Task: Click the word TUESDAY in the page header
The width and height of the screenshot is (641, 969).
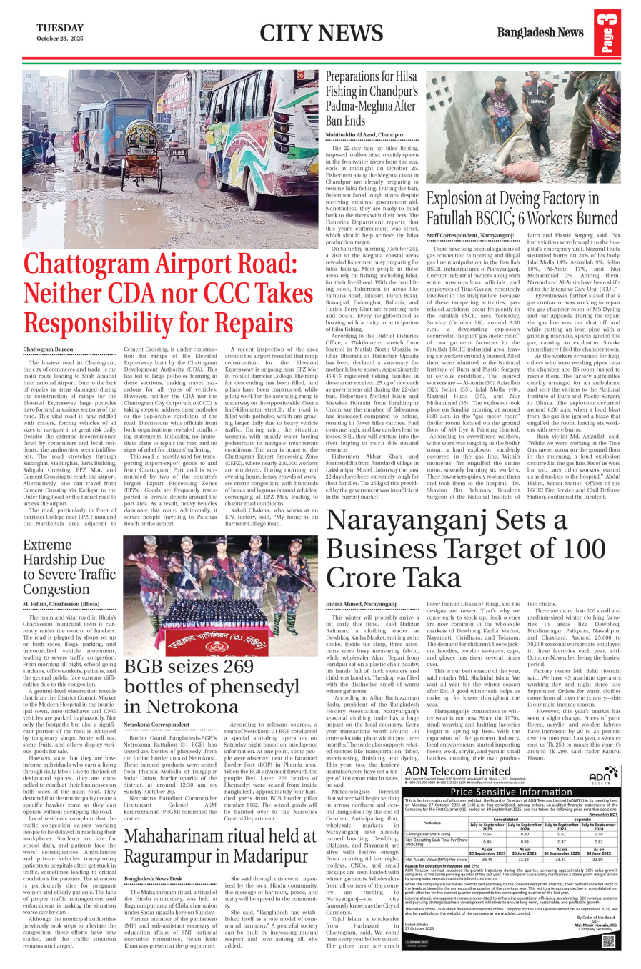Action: (x=60, y=28)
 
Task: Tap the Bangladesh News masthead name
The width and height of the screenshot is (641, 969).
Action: (x=540, y=32)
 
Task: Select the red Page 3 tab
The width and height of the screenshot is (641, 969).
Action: (x=607, y=33)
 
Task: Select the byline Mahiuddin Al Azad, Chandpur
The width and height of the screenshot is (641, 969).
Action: (x=364, y=134)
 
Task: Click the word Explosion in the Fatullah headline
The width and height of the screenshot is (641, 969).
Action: (x=454, y=199)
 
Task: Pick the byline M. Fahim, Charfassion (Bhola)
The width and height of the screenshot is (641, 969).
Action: (x=61, y=604)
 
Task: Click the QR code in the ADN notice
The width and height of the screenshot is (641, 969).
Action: (x=608, y=940)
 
